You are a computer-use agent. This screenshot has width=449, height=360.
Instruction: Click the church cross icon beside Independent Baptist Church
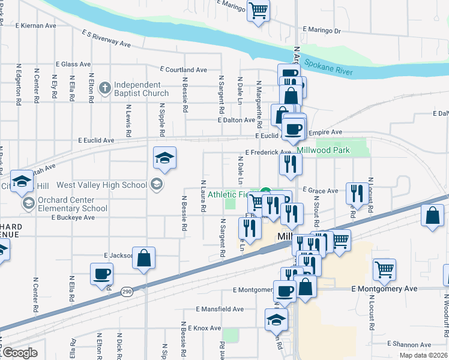pyautogui.click(x=105, y=89)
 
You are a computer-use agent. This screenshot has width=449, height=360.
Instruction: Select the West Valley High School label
pyautogui.click(x=109, y=185)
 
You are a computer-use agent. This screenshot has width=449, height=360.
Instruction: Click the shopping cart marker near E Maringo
pyautogui.click(x=258, y=10)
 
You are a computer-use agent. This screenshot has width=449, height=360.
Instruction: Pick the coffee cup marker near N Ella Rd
pyautogui.click(x=101, y=274)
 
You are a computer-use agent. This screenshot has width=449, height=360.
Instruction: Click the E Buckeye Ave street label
pyautogui.click(x=73, y=217)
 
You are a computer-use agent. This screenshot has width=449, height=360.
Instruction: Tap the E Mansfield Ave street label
pyautogui.click(x=220, y=309)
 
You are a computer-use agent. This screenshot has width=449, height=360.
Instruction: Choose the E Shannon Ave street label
pyautogui.click(x=409, y=344)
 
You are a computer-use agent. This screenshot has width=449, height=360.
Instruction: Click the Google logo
pyautogui.click(x=20, y=353)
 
